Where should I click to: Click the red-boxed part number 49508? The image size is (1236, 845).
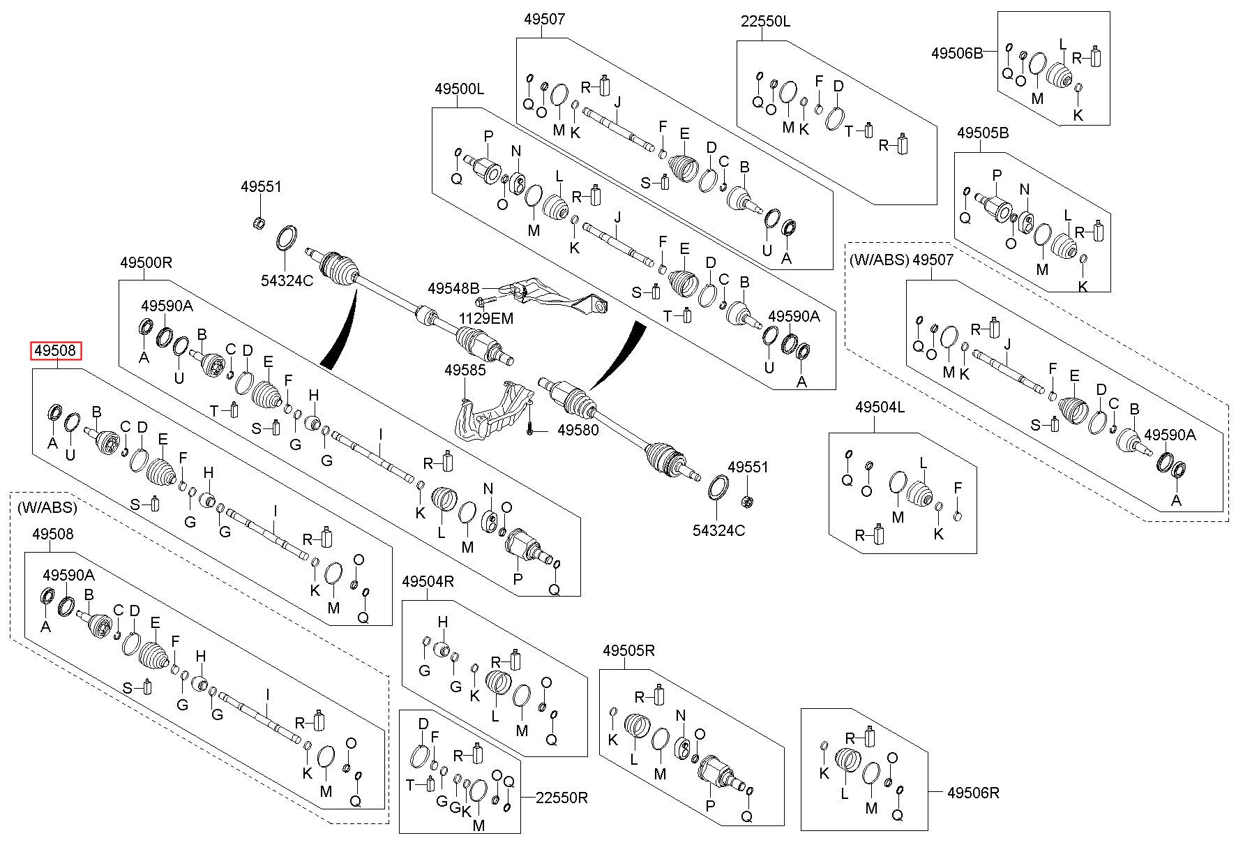coord(55,351)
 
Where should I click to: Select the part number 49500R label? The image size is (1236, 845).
coord(146,263)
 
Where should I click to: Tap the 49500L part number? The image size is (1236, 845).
coord(459,89)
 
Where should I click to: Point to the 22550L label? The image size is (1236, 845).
coord(765,22)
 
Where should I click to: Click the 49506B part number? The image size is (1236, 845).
coord(957,52)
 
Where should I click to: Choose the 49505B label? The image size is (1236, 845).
coord(983,133)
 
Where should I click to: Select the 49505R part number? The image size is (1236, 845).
coord(629,650)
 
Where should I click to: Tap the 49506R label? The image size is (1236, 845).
coord(974,793)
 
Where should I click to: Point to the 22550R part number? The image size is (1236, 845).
coord(562,798)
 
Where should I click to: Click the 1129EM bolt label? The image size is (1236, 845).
coord(485,319)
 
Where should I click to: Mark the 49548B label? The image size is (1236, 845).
coord(453,287)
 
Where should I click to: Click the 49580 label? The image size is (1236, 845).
coord(578,431)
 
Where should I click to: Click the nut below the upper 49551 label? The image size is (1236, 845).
coord(257,223)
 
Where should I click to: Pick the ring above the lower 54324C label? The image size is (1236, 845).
coord(718,488)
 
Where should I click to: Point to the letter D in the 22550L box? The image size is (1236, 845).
coord(838,86)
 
